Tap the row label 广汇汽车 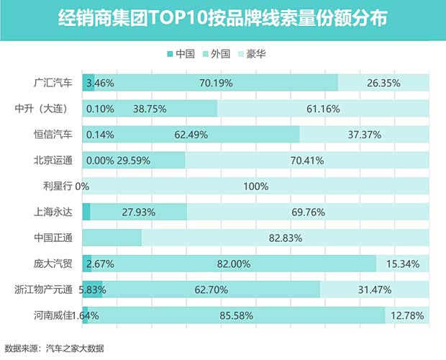pos(54,83)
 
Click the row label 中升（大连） pos(47,109)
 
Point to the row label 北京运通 pos(54,160)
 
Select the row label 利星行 pos(58,186)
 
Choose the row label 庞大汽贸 pos(54,264)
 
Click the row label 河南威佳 pos(54,315)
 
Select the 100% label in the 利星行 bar pos(255,186)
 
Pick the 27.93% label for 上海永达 pos(139,212)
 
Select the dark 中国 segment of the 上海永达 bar pos(86,212)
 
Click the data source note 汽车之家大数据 pos(75,348)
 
